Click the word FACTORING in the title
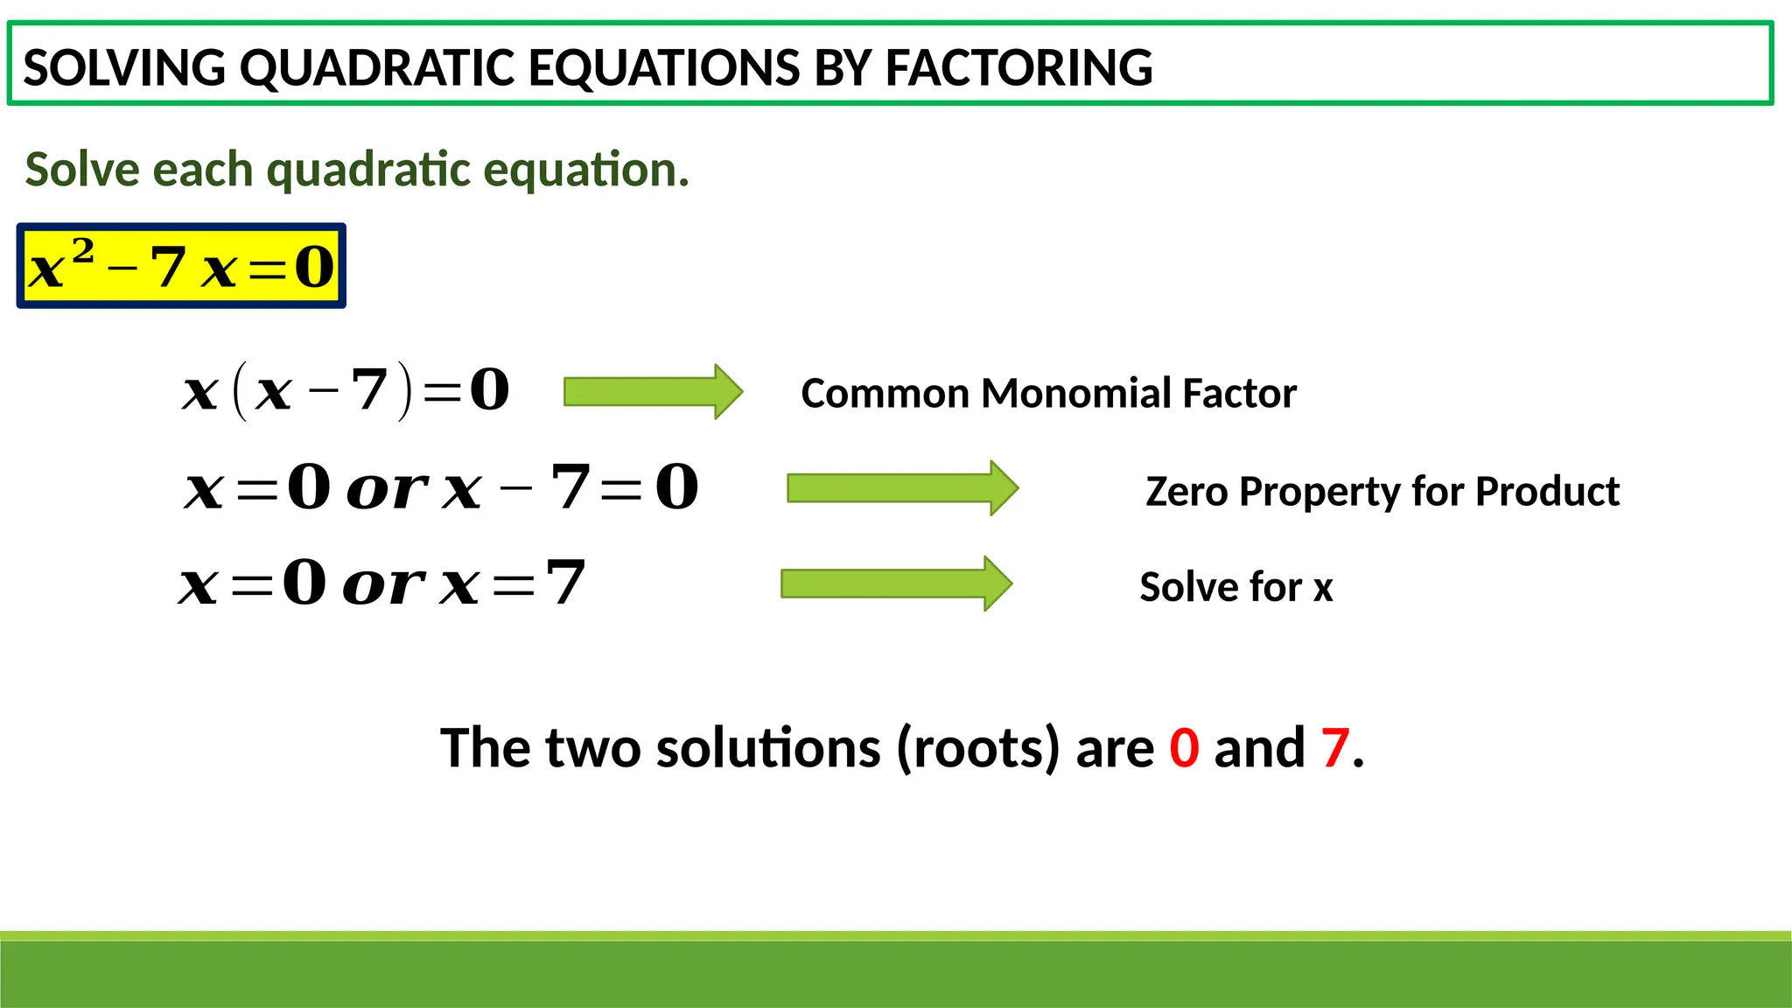click(x=1018, y=67)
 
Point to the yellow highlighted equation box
click(x=181, y=266)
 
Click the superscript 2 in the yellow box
click(x=83, y=252)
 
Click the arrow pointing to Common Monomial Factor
click(x=653, y=391)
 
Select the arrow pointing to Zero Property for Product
click(x=902, y=487)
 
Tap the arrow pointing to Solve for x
click(x=896, y=583)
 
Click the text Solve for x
click(x=1235, y=587)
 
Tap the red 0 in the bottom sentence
click(x=1184, y=748)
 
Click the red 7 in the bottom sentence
click(x=1335, y=748)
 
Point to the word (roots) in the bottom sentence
click(x=977, y=748)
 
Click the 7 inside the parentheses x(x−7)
click(x=369, y=390)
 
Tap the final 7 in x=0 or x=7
click(x=565, y=583)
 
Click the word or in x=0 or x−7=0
click(x=387, y=489)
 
